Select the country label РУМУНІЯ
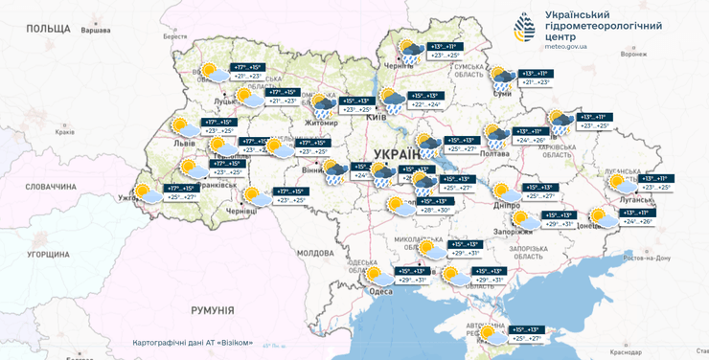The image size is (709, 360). [x=212, y=310]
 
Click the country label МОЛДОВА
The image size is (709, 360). [x=314, y=253]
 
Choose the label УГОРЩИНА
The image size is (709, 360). [x=48, y=255]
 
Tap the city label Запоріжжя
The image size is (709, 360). [x=514, y=232]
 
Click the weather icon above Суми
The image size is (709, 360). [x=501, y=77]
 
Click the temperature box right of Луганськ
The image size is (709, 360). [x=654, y=182]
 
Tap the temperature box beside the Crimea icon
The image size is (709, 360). [x=530, y=333]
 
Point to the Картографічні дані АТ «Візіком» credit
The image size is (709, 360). [x=193, y=343]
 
